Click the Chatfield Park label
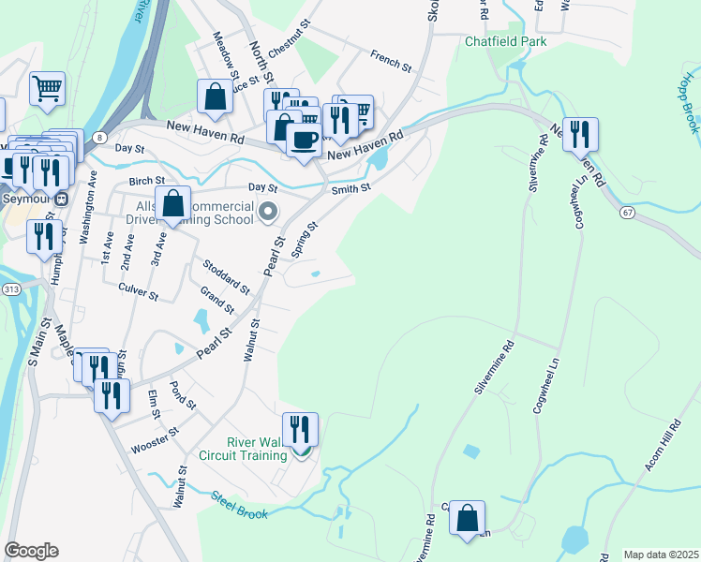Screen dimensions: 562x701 (x=506, y=41)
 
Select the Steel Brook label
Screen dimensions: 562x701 (x=239, y=505)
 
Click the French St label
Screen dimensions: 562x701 (x=391, y=61)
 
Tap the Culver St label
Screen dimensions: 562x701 (x=139, y=292)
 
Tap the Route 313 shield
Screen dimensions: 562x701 (x=10, y=289)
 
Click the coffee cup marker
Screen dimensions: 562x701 (x=303, y=140)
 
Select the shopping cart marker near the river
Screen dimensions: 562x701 (x=47, y=90)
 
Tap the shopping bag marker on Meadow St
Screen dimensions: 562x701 (x=215, y=96)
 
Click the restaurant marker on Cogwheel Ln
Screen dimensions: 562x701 (x=581, y=136)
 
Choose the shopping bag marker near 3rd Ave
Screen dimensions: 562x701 (x=173, y=203)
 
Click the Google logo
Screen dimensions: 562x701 (x=31, y=551)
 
